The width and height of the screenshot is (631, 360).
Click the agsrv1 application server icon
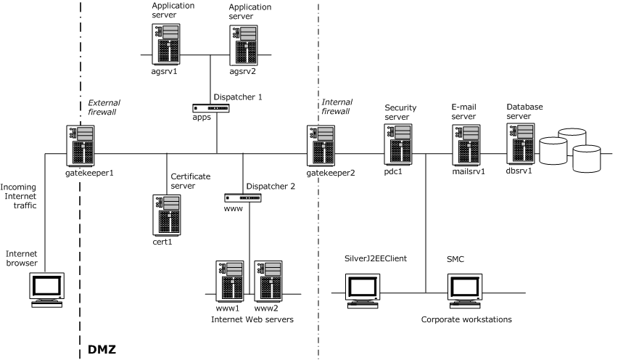166,44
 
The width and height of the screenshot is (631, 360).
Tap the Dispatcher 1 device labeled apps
211,108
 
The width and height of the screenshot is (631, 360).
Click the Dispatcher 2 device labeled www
242,197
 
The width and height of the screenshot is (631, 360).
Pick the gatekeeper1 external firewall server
81,145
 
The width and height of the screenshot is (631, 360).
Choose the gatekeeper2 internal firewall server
321,145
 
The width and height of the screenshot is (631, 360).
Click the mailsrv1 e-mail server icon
466,144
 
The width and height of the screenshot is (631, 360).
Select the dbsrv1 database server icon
521,142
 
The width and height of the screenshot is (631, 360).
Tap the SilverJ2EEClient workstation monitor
363,289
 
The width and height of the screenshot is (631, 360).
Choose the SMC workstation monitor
464,289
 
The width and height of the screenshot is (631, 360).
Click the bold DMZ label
102,350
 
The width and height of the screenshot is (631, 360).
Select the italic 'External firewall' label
102,107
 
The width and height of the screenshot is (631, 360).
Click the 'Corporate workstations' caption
466,319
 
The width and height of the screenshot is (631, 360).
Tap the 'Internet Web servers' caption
252,319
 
